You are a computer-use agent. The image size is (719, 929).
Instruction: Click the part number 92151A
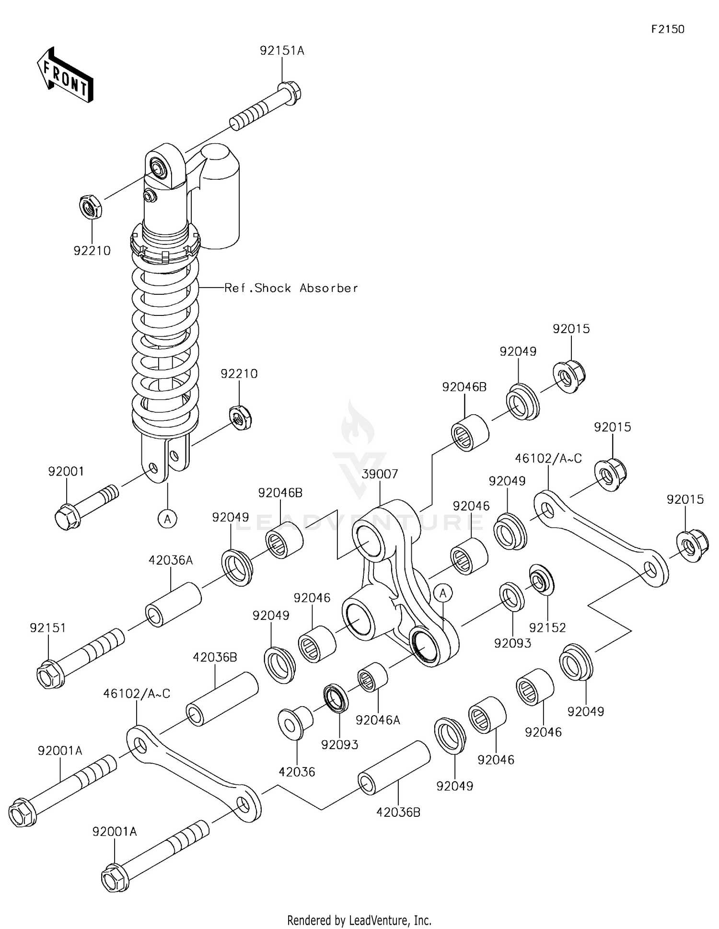[282, 50]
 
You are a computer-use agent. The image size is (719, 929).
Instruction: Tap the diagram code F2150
[668, 29]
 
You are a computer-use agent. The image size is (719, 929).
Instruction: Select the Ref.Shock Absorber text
[291, 288]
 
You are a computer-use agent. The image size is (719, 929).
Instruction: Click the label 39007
[380, 474]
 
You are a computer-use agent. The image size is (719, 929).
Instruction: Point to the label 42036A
[170, 560]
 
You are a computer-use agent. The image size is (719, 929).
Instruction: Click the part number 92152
[547, 627]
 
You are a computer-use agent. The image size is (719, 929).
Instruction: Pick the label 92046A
[378, 720]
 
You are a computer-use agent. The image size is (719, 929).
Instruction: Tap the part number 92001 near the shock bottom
[66, 471]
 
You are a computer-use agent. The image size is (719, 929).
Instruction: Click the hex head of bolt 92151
[50, 675]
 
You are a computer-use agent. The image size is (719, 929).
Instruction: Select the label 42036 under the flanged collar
[297, 772]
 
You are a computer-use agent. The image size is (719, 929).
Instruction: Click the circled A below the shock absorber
[168, 519]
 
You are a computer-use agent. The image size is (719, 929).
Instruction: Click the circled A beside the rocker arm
[443, 593]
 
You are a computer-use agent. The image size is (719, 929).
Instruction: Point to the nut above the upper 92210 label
[91, 207]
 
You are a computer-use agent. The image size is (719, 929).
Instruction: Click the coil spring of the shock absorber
[165, 336]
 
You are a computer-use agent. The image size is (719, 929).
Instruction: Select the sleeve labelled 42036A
[173, 604]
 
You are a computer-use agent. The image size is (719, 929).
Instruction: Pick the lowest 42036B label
[398, 812]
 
